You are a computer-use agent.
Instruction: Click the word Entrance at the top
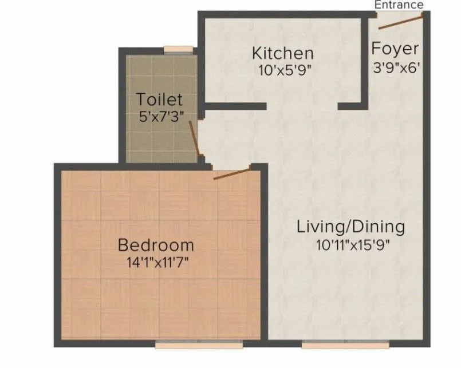tap(399, 5)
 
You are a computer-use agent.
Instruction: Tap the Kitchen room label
tap(283, 54)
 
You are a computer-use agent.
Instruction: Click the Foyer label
tap(395, 49)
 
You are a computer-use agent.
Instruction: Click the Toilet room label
tap(159, 100)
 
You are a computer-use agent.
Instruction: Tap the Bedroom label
tap(156, 246)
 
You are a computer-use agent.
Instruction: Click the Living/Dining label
tap(350, 226)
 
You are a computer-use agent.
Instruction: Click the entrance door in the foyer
tap(400, 22)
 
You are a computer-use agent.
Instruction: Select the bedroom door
tap(233, 173)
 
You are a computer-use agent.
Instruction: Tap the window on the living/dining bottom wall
tap(329, 345)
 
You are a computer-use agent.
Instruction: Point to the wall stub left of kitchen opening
tap(235, 106)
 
